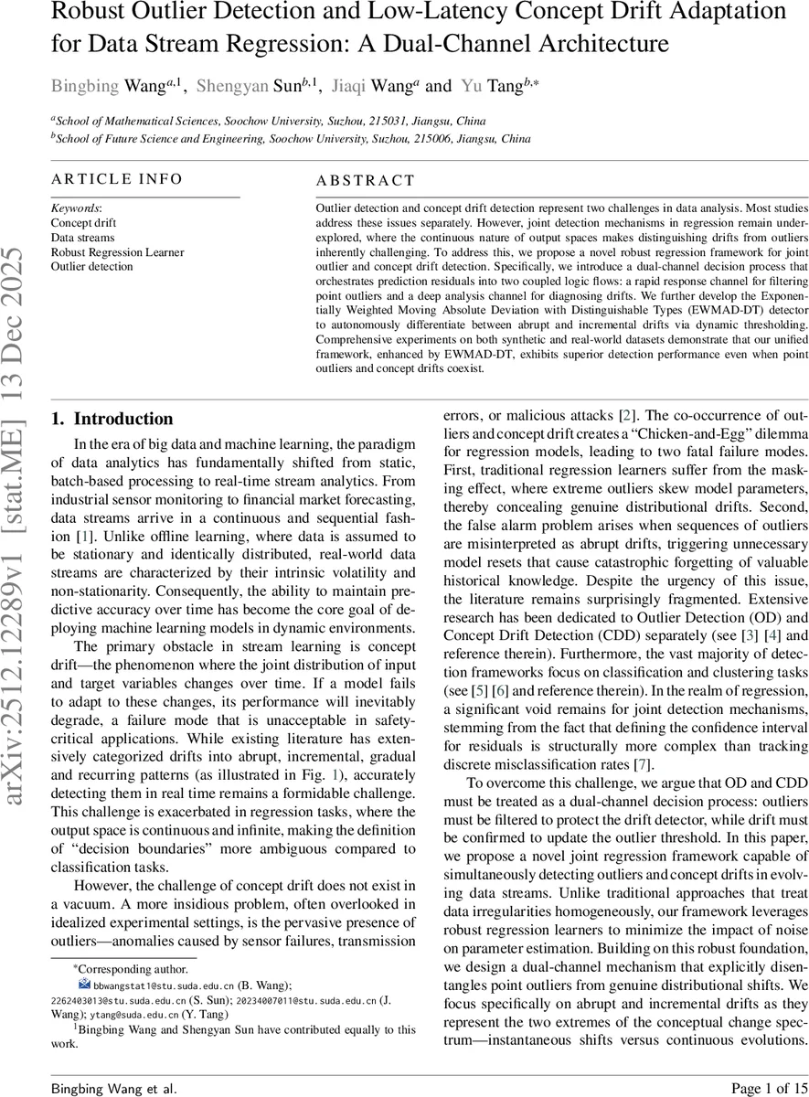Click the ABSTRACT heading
point(365,181)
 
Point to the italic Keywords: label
point(76,208)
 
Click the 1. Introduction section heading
point(112,419)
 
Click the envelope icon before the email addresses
point(85,985)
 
